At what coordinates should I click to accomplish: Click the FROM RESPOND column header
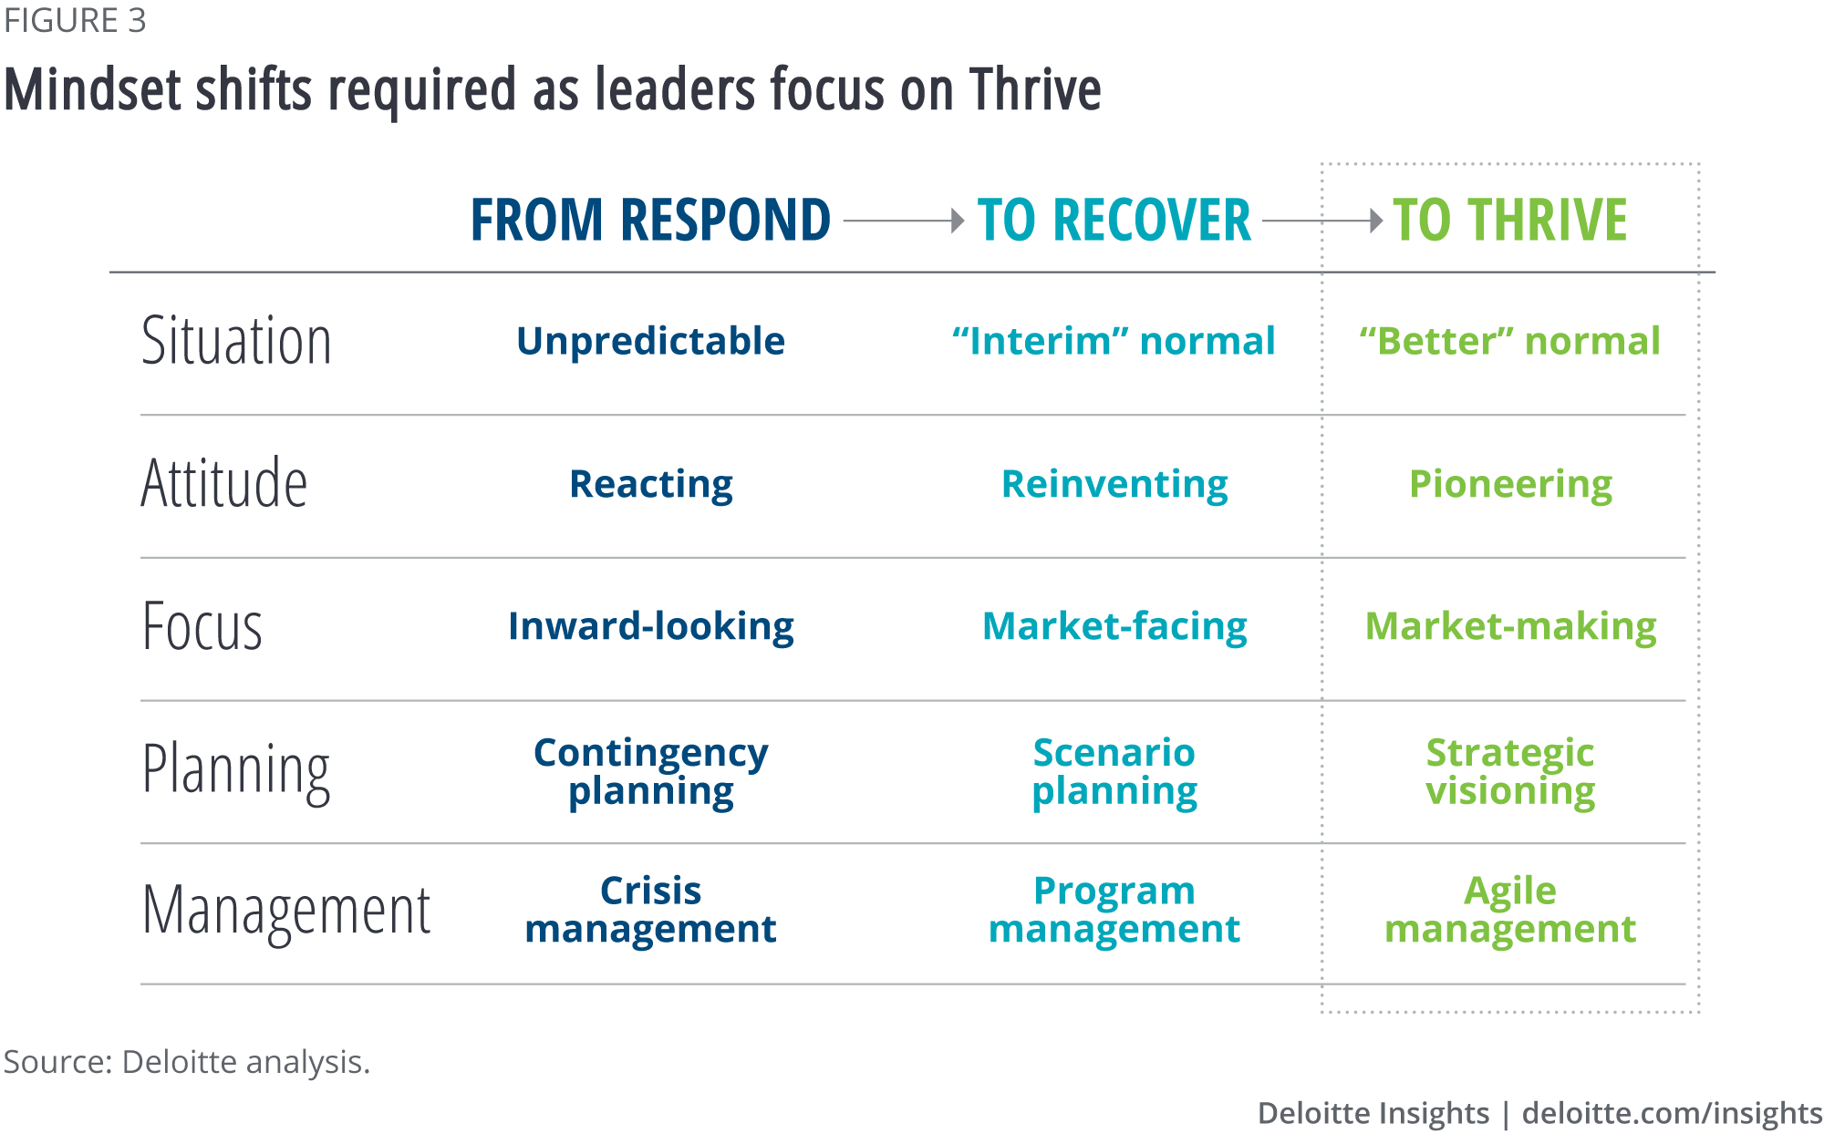[650, 220]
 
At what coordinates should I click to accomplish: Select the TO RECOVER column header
[1114, 220]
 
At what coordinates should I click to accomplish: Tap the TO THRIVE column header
[1510, 220]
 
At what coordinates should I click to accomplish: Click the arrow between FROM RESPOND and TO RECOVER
[904, 221]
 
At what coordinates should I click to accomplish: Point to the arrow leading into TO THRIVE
[1323, 221]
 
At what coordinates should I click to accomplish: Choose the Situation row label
[236, 341]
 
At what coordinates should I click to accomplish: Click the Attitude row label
[224, 482]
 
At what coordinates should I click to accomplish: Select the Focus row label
[202, 625]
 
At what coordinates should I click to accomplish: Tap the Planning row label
[236, 771]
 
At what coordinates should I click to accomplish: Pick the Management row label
[286, 912]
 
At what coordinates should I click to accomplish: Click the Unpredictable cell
[650, 341]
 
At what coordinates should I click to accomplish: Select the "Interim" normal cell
[1114, 341]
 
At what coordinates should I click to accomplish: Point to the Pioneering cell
[1510, 484]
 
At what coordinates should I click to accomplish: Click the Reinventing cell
[1114, 484]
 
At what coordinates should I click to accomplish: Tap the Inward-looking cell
[650, 626]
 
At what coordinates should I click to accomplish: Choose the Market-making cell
[1510, 626]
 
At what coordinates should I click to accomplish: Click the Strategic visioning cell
[1510, 771]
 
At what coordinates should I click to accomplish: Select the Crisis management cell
[650, 910]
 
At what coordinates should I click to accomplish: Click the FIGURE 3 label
[75, 20]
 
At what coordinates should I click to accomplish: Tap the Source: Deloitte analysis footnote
[187, 1062]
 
